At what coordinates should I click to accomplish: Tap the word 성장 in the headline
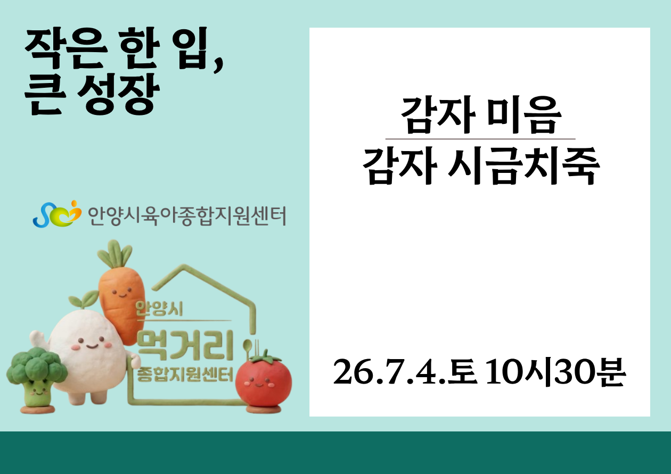[118, 94]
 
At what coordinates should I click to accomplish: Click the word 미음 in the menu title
[524, 116]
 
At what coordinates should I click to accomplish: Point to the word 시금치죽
[523, 167]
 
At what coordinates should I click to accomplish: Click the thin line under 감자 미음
[480, 139]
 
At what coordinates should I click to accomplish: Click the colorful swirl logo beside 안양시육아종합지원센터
[57, 214]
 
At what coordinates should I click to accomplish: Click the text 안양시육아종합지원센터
[187, 215]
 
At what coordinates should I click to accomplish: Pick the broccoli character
[37, 380]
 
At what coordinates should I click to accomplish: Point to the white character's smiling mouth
[92, 347]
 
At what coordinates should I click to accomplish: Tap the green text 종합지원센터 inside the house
[185, 374]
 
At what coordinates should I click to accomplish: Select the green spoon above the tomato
[248, 350]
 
